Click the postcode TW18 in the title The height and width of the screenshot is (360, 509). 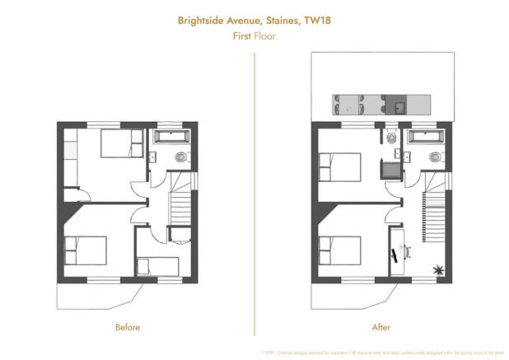[319, 19]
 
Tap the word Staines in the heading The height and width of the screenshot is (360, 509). [279, 19]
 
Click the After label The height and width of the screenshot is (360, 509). [381, 327]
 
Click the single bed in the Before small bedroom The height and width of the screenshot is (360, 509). [158, 265]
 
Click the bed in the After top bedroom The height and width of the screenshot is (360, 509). [339, 166]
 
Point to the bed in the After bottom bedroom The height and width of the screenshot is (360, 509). [339, 248]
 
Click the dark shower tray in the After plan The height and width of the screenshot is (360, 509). [388, 170]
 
